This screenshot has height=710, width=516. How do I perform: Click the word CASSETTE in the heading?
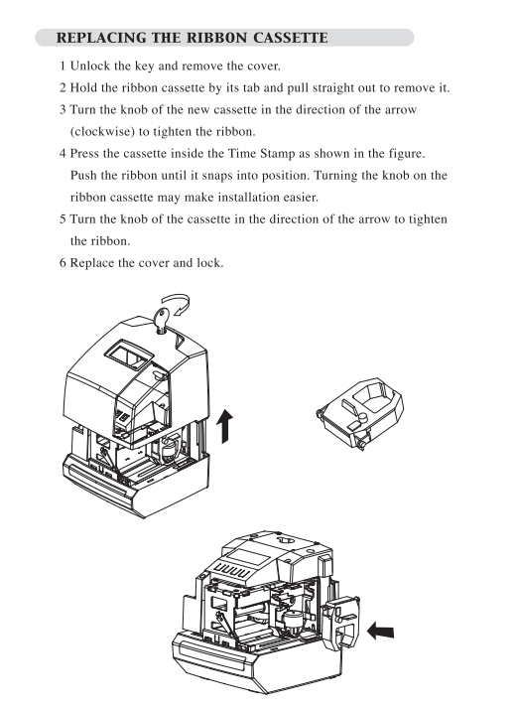pos(291,38)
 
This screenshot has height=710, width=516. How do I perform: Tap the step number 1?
pos(63,67)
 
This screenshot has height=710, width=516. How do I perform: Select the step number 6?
pos(63,263)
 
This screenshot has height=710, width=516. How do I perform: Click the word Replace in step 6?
pos(92,263)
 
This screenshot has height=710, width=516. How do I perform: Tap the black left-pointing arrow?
pos(380,631)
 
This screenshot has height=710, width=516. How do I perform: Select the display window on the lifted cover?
pos(128,355)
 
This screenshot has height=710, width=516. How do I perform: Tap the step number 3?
pos(63,110)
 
